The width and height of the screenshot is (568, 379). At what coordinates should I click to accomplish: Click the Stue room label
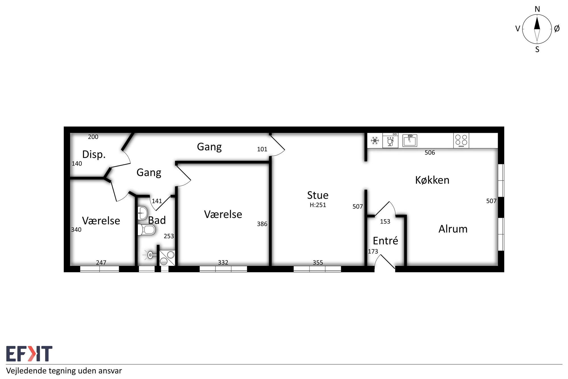coord(318,195)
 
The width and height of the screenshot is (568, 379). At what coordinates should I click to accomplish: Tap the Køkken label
coord(432,180)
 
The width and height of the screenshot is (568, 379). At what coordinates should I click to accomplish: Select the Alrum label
coord(453,229)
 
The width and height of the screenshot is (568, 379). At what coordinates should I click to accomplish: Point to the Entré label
coord(385,241)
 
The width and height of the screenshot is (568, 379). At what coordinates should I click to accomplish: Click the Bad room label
coord(157,220)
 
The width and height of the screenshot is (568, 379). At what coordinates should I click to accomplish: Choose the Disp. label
coord(94,154)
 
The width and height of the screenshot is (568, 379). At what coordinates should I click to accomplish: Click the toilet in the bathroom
coord(147,230)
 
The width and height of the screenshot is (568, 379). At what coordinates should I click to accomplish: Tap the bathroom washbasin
coord(143,213)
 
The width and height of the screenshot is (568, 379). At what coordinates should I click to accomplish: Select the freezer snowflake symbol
coord(375,140)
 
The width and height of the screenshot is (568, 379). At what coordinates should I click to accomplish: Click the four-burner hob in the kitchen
coord(461,140)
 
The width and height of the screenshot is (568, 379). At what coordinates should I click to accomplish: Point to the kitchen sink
coord(410,140)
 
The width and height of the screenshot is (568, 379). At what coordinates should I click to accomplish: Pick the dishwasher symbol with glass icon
coord(390,140)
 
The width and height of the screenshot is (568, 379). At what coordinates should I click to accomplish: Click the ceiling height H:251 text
coord(318,205)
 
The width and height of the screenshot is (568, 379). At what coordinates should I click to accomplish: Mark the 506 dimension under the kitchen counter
coord(430,153)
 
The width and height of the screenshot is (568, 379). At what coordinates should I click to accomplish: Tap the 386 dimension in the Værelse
coord(262,224)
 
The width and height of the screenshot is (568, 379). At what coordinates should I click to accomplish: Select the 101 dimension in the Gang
coord(262,149)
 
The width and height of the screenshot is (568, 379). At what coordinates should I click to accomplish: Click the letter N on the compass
coord(537,9)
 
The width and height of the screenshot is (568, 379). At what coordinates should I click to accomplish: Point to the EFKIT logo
coord(29,354)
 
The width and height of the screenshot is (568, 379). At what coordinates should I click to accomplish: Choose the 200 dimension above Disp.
coord(93,137)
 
